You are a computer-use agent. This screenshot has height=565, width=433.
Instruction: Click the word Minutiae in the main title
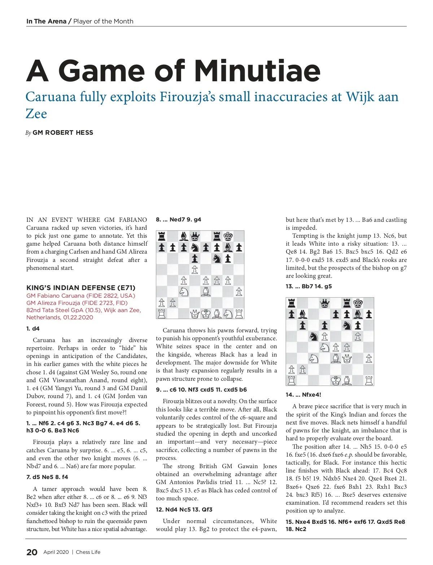pyautogui.click(x=257, y=70)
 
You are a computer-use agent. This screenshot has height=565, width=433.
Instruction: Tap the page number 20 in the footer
pyautogui.click(x=32, y=552)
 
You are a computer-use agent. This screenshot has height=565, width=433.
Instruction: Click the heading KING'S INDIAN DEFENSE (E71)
pyautogui.click(x=81, y=288)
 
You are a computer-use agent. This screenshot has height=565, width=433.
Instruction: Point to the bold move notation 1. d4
pyautogui.click(x=33, y=328)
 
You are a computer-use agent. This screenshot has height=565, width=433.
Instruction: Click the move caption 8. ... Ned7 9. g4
pyautogui.click(x=178, y=219)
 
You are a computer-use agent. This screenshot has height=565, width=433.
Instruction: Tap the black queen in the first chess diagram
pyautogui.click(x=195, y=237)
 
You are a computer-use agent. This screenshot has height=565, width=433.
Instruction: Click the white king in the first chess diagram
pyautogui.click(x=206, y=314)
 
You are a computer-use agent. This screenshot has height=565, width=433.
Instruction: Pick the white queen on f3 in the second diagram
pyautogui.click(x=347, y=359)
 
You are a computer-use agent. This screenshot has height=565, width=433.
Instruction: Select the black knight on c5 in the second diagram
pyautogui.click(x=314, y=337)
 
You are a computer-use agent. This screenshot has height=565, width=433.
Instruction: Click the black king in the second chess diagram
pyautogui.click(x=358, y=303)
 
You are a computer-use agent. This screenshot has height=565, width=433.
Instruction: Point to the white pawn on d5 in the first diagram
pyautogui.click(x=195, y=269)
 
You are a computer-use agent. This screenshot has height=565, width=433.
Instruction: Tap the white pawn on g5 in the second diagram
pyautogui.click(x=358, y=337)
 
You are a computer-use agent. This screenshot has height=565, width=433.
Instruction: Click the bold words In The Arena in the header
pyautogui.click(x=46, y=21)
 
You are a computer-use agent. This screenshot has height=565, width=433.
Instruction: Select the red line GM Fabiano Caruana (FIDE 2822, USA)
pyautogui.click(x=81, y=296)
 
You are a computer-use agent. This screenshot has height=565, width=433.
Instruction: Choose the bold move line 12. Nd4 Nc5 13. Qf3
pyautogui.click(x=184, y=509)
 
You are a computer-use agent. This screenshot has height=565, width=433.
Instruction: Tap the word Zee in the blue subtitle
pyautogui.click(x=36, y=114)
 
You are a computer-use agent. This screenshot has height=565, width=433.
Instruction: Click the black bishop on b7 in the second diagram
pyautogui.click(x=302, y=314)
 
